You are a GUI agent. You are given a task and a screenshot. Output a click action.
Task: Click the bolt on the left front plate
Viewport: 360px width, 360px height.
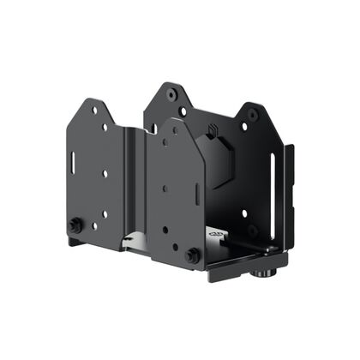[x=75, y=225]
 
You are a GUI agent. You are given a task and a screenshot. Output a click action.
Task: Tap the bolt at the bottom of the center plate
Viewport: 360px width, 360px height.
[x=192, y=255]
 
